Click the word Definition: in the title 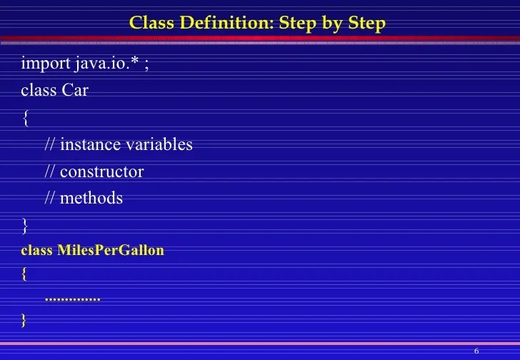pos(221,23)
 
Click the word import pos(45,64)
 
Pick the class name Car pos(75,91)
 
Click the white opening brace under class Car pos(26,119)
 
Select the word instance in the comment pos(91,144)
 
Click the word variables pos(159,144)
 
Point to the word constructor pos(102,171)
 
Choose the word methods pos(91,198)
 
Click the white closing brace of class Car pos(26,226)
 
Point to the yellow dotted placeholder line pos(72,297)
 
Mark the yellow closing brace pos(25,319)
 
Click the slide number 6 pos(476,350)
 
